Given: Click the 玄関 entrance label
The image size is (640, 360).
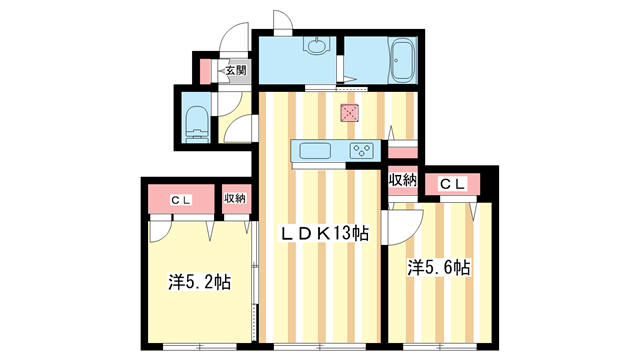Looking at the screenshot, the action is pos(236,70).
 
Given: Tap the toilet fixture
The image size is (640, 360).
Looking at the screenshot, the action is pos(196,124).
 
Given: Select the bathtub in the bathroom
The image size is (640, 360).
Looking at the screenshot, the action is pos(403,60).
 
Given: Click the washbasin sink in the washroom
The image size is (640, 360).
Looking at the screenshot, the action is pos(316,46).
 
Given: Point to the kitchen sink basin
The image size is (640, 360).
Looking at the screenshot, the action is pos(315,151).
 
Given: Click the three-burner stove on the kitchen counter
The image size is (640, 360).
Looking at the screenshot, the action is pos(362,151).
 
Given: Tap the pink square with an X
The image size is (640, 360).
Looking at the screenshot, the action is pos(350,113).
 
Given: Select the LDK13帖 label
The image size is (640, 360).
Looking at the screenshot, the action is pos(324,234).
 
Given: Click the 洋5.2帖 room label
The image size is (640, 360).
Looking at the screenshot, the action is pos(200,282).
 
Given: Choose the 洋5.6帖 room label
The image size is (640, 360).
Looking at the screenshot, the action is pos(438,268).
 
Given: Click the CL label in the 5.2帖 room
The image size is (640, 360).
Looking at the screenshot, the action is pos(181,200).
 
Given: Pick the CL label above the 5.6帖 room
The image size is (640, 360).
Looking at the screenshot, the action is pos(453,184).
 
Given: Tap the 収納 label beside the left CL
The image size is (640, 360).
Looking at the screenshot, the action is pos(235,199).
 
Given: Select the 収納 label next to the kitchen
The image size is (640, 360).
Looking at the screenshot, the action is pos(402,180).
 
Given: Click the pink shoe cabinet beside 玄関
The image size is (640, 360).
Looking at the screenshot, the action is pos(205,72).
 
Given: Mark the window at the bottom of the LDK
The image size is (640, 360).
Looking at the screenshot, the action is pos(320,347).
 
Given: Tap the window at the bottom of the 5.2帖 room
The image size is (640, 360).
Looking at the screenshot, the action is pos(200,347).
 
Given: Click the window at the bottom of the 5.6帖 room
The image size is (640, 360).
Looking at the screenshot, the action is pos(440,347).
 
